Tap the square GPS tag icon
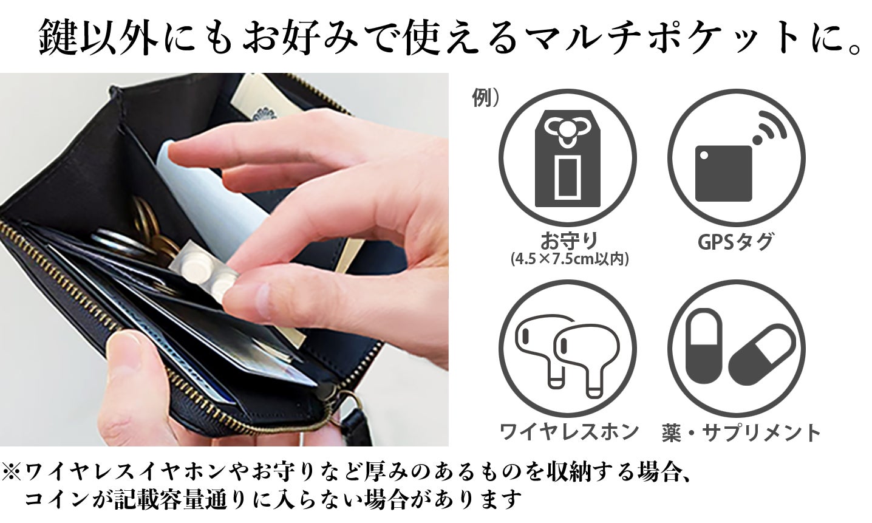(723, 173)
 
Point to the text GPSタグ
(735, 241)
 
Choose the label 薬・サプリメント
(741, 432)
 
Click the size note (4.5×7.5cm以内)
(570, 259)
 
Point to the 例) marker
(485, 97)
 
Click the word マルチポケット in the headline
(655, 39)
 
